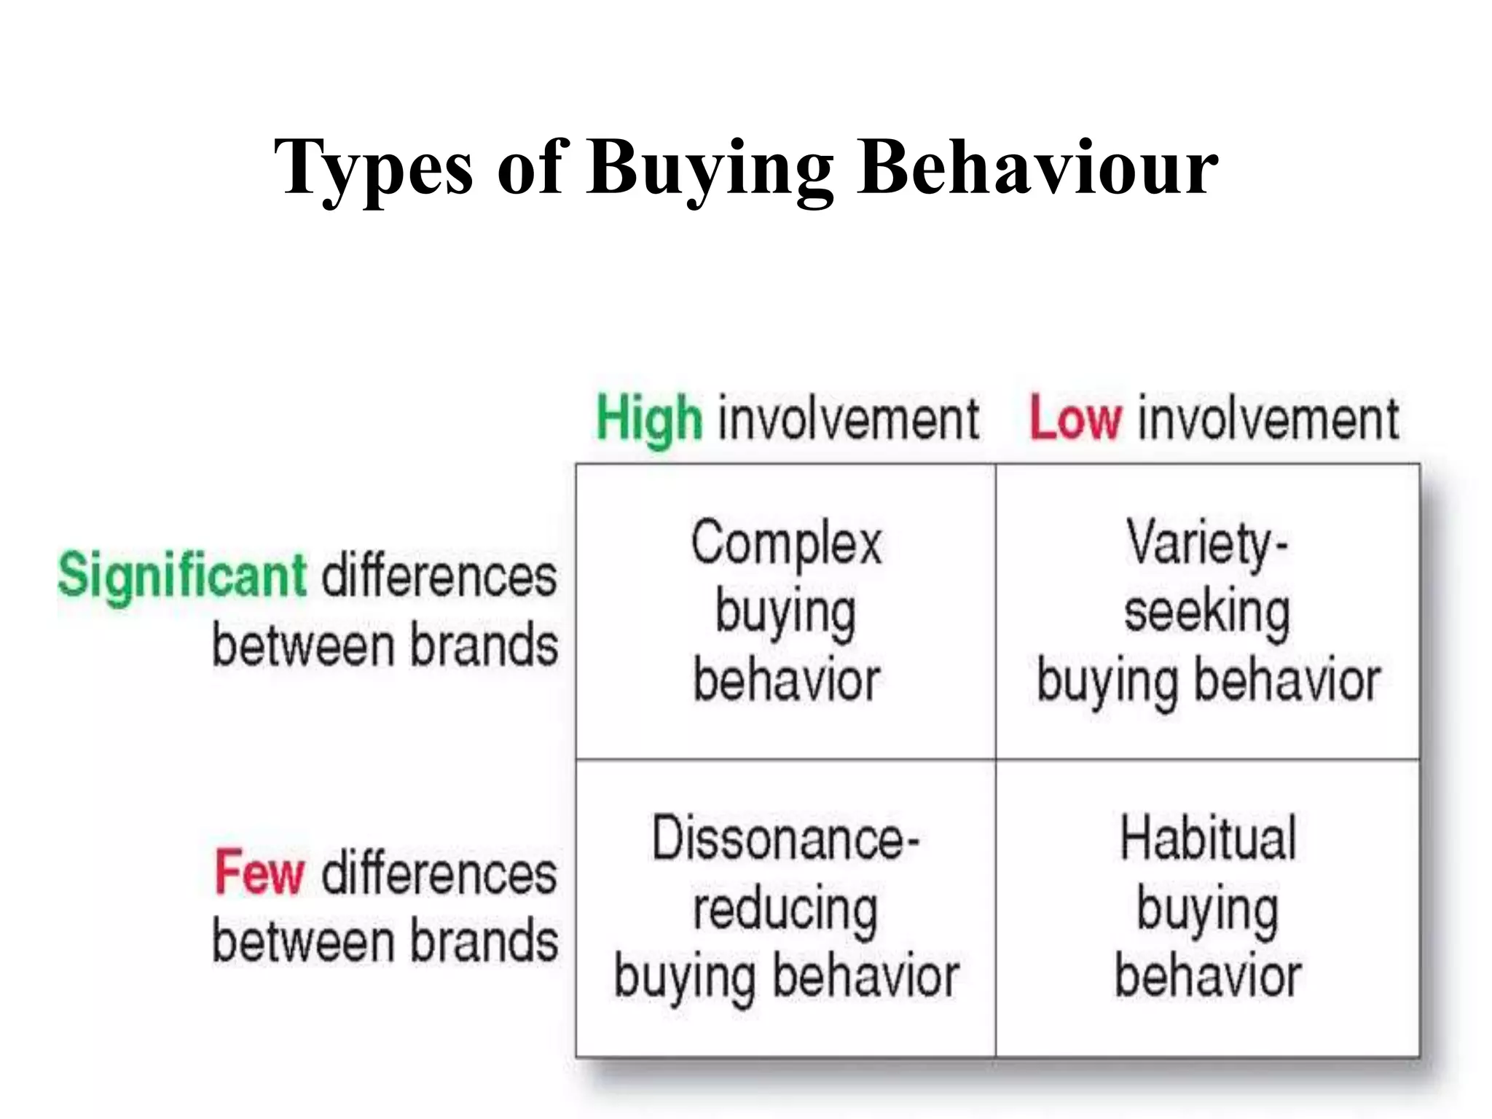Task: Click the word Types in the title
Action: (x=373, y=169)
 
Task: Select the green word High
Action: (x=649, y=419)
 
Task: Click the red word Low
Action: (x=1075, y=419)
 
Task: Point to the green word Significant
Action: (x=182, y=576)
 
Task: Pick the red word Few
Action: (x=259, y=872)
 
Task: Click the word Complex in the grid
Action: (x=786, y=543)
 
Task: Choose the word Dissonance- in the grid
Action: (x=785, y=839)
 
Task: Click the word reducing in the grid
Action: (x=785, y=909)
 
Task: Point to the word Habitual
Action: (x=1208, y=839)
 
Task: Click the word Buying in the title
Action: (x=710, y=169)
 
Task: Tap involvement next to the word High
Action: (x=849, y=419)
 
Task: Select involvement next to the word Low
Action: (x=1268, y=419)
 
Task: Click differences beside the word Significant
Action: (x=439, y=576)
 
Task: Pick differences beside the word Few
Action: (x=439, y=872)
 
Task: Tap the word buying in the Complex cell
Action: (x=785, y=612)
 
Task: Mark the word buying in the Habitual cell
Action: (x=1208, y=909)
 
